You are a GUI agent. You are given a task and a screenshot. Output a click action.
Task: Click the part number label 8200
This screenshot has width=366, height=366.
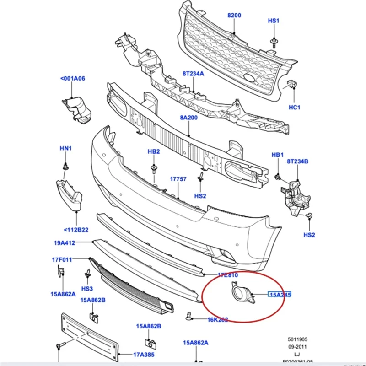[234, 15]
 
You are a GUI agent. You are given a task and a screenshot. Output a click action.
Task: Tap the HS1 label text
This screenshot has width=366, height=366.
[274, 21]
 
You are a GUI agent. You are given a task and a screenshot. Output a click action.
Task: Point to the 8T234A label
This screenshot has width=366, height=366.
[194, 73]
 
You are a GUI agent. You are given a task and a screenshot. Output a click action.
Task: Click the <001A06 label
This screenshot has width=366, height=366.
[73, 78]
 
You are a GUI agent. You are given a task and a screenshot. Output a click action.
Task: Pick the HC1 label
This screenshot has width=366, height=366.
[294, 107]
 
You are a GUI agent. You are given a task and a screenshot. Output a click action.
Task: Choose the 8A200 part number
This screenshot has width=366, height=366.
[189, 118]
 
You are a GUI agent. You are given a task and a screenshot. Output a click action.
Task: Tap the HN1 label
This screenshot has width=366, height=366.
[66, 148]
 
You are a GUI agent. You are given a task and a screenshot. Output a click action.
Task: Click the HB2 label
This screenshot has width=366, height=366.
[153, 151]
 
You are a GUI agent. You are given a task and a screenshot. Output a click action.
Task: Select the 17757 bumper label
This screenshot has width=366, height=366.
[178, 179]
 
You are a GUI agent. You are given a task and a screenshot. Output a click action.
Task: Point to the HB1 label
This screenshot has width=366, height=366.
[278, 155]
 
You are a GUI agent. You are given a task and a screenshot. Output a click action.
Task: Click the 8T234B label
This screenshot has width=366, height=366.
[298, 161]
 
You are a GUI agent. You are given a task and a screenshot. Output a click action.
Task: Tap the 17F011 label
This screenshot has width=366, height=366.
[62, 260]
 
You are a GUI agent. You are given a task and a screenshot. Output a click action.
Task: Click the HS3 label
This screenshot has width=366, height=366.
[87, 289]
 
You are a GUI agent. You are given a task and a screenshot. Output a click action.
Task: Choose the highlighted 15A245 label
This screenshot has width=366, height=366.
[280, 295]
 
